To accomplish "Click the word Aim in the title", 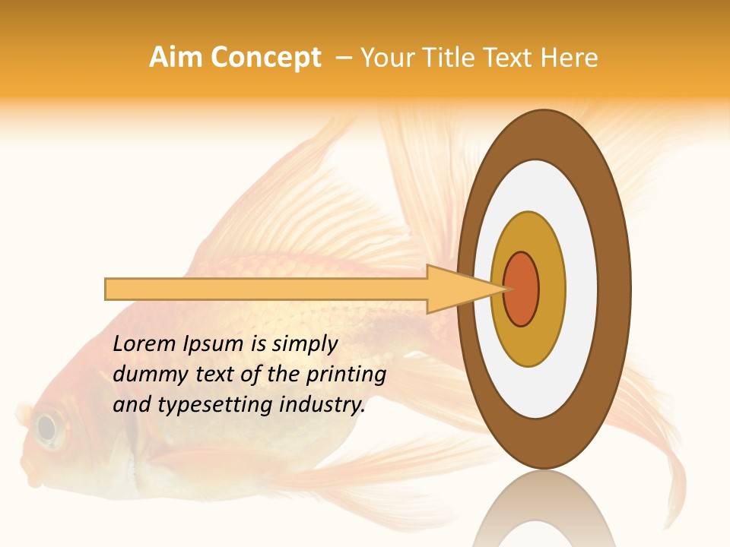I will point(176,58).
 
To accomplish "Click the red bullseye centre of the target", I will point(522,289).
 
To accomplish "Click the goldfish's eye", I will point(47,428).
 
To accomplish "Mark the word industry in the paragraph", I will point(323,405).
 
